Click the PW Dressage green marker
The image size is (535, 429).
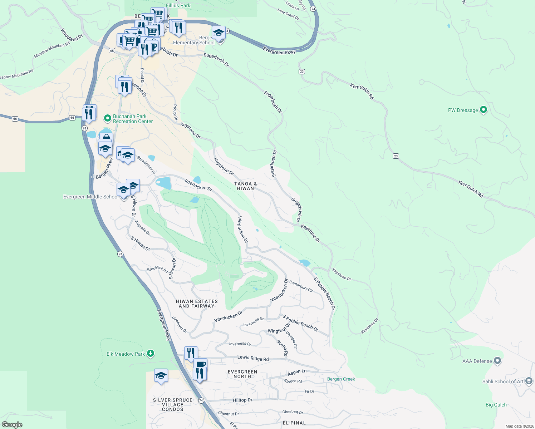[x=483, y=110]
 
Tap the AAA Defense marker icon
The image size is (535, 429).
[x=497, y=361]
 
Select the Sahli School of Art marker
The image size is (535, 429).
[x=529, y=381]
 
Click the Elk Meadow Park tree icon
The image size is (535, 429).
[x=151, y=354]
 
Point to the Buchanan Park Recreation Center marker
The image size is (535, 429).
[x=107, y=118]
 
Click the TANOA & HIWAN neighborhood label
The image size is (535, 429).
[x=245, y=186]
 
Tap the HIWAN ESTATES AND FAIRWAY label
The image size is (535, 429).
[x=197, y=304]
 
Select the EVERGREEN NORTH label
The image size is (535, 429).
[x=242, y=374]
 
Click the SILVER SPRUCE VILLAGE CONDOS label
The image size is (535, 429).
[x=173, y=405]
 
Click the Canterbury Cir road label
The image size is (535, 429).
[x=301, y=286]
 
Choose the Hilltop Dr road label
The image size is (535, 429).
[x=242, y=400]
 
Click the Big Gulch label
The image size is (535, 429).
[x=496, y=405]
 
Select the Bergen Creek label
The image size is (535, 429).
[x=341, y=379]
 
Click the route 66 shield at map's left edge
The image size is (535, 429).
[x=15, y=119]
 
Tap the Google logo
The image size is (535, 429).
[x=12, y=424]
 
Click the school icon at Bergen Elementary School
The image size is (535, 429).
[x=219, y=33]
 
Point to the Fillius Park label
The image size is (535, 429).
[x=178, y=5]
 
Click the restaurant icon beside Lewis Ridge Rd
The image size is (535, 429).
[x=191, y=353]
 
